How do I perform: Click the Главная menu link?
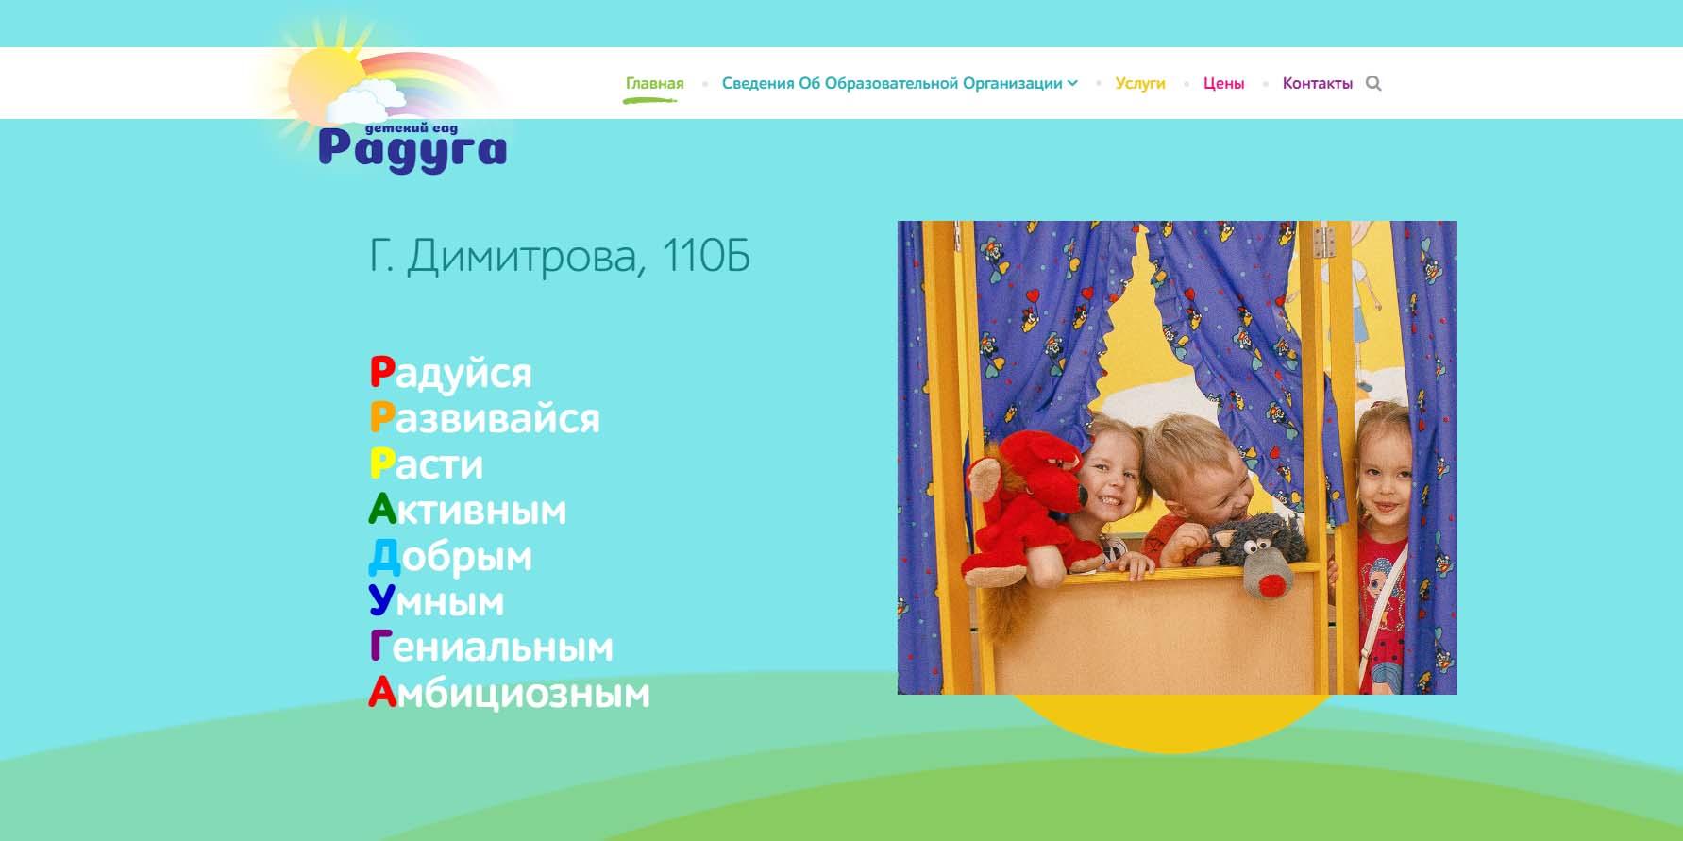[x=654, y=83]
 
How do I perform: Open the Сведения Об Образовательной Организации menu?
[x=899, y=83]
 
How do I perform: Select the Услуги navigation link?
[x=1140, y=83]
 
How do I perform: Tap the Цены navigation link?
[x=1223, y=83]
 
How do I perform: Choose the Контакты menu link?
[x=1317, y=83]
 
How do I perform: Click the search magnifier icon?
[x=1373, y=83]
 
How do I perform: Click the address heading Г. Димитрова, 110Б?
[x=559, y=256]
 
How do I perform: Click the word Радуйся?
[x=450, y=374]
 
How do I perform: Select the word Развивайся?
[x=484, y=418]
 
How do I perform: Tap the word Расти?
[x=426, y=463]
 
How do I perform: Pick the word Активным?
[x=467, y=510]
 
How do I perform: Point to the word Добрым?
[x=450, y=557]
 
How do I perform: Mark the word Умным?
[x=436, y=601]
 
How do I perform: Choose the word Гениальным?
[x=491, y=647]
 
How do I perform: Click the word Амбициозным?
[x=509, y=693]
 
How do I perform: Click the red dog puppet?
[x=1024, y=505]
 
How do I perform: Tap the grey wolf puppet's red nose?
[x=1271, y=585]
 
